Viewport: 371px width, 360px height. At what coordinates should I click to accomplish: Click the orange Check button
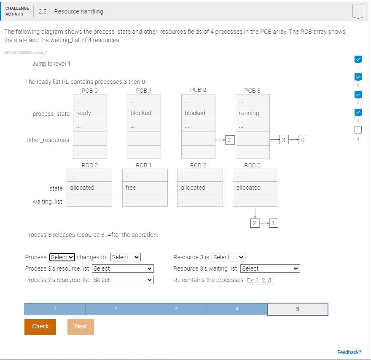click(40, 326)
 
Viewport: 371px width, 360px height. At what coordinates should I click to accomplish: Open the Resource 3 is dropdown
click(228, 257)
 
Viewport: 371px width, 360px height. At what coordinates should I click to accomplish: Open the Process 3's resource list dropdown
click(123, 269)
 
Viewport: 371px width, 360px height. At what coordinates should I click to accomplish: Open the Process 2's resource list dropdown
click(123, 280)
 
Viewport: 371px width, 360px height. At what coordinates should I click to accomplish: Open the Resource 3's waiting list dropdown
click(270, 269)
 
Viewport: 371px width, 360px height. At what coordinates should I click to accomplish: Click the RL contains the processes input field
click(260, 280)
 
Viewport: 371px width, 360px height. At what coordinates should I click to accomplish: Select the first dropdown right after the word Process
click(62, 257)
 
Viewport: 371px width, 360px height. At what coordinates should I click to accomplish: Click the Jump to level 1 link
click(51, 64)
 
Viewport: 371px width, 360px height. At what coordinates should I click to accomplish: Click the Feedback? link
click(349, 352)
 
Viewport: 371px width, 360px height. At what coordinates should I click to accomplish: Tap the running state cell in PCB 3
click(253, 113)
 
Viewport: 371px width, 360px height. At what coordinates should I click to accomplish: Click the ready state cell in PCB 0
click(90, 113)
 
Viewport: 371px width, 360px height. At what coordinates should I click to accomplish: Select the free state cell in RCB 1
click(145, 188)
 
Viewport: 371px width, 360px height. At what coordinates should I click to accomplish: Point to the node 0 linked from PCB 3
click(303, 140)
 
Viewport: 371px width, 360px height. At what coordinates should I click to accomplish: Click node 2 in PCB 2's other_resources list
click(229, 140)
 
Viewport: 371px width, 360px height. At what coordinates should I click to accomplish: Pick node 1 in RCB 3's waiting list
click(273, 223)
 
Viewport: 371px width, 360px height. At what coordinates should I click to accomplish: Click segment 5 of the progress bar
click(297, 309)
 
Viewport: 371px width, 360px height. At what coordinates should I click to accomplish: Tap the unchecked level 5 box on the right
click(358, 130)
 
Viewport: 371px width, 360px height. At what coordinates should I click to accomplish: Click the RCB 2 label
click(198, 165)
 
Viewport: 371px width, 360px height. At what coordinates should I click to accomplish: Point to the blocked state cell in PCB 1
click(144, 113)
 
